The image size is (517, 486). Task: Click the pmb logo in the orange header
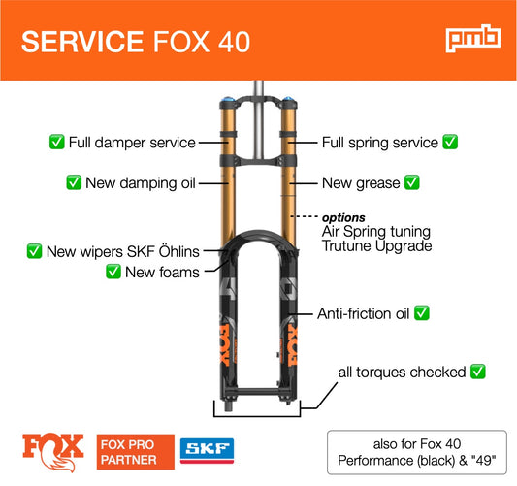coord(473,38)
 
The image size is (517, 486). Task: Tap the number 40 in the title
coord(234,42)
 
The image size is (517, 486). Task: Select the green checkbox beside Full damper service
coord(56,142)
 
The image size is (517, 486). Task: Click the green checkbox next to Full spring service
coord(450,142)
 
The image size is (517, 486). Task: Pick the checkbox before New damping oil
coord(74,182)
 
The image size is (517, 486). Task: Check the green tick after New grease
coord(412,182)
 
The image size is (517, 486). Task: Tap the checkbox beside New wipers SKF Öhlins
coord(34,251)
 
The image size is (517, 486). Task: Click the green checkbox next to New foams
coord(113,272)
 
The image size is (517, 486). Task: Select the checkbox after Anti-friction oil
coord(422,313)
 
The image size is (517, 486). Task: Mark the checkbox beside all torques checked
coord(478,372)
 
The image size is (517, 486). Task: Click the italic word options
coord(343,217)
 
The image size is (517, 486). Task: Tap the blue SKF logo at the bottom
coord(207,451)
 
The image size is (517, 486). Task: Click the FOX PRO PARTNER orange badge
coord(136,452)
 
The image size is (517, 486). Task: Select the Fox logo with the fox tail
coord(53,452)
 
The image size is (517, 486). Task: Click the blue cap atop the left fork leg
coord(228,99)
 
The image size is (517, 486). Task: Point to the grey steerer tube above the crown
coord(258,89)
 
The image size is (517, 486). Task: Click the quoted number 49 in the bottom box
coord(483,461)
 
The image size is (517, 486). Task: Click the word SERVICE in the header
coord(82,42)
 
